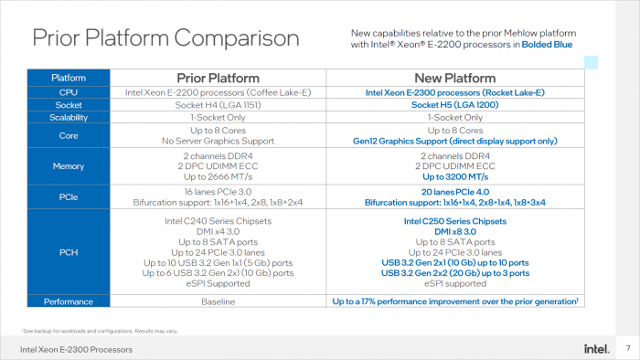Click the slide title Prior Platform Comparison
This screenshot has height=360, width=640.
(x=165, y=38)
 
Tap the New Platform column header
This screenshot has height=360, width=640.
(x=455, y=78)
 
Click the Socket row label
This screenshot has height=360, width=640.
(x=69, y=105)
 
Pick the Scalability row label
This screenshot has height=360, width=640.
(x=69, y=118)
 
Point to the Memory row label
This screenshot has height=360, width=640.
(x=69, y=166)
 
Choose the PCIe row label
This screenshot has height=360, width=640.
(x=69, y=196)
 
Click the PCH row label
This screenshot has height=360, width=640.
(x=69, y=253)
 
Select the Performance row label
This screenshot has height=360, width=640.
(x=69, y=301)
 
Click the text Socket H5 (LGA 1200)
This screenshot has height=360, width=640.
(x=455, y=105)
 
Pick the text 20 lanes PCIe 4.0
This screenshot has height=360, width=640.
(x=455, y=191)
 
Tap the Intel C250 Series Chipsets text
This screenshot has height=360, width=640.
(x=455, y=221)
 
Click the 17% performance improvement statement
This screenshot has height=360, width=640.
(x=453, y=301)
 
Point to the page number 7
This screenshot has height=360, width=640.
(x=627, y=348)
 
